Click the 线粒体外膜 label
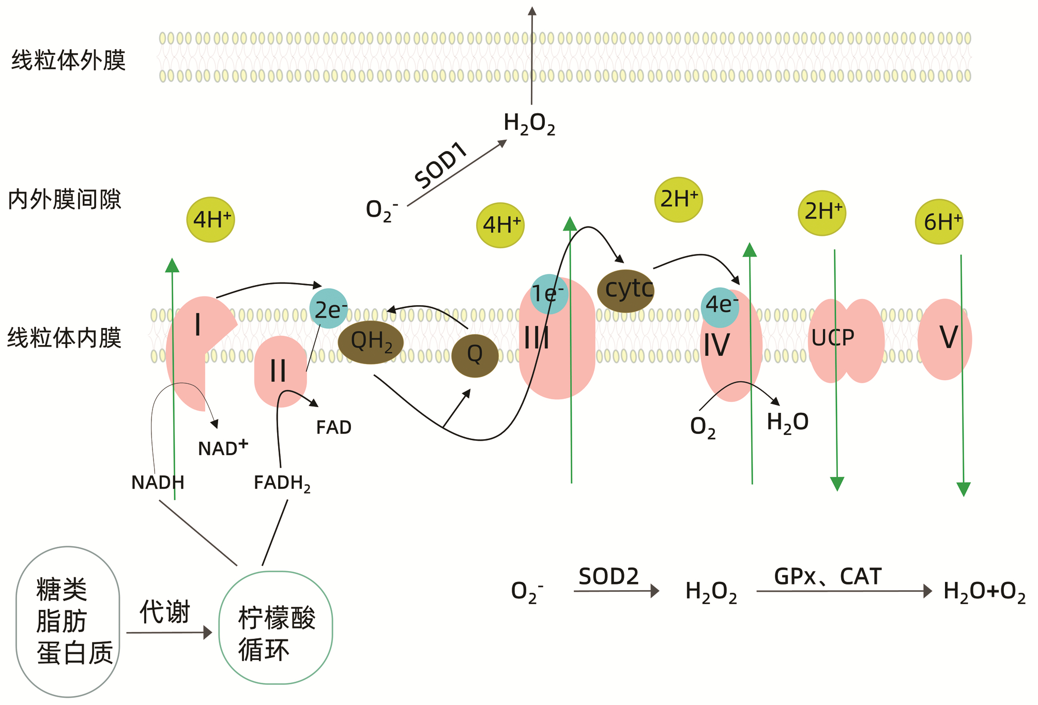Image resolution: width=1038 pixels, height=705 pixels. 68,61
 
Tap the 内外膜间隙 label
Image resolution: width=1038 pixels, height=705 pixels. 65,200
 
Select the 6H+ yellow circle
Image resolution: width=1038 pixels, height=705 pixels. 939,222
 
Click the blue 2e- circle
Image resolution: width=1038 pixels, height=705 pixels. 329,309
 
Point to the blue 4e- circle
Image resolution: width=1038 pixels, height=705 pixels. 720,307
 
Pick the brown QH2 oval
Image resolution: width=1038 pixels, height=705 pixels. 371,342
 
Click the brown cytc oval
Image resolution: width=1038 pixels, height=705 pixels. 626,291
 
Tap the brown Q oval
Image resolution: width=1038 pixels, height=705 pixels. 475,355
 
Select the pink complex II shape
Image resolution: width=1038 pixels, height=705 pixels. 280,371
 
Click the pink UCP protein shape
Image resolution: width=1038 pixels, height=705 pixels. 846,341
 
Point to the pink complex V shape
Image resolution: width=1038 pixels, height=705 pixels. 945,339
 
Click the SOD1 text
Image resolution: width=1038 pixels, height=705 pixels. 441,164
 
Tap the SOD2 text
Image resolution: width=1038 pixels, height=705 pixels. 608,577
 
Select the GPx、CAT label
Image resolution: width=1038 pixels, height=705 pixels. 828,577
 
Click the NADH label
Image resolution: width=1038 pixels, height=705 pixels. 158,483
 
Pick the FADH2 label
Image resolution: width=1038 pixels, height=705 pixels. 282,483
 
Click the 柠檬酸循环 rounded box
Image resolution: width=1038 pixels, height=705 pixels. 276,627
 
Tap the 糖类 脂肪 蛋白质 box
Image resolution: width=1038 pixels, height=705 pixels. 68,622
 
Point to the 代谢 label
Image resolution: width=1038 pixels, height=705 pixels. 165,612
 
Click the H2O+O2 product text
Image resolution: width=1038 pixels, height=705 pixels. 984,592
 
